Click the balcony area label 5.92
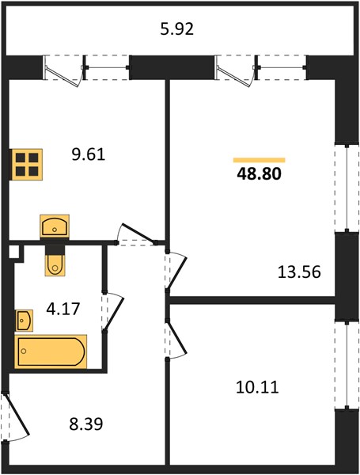tap(176, 30)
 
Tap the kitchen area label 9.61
tap(89, 154)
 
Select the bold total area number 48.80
tap(260, 174)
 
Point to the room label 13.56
tap(299, 272)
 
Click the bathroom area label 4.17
tap(63, 309)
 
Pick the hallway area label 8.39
tap(86, 424)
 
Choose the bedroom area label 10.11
tap(257, 387)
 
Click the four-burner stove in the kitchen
tap(27, 165)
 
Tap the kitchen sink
tap(55, 226)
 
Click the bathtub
tap(51, 351)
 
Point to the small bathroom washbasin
tap(24, 320)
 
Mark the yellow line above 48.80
tap(260, 160)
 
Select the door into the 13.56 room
tap(176, 270)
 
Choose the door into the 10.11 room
tap(176, 339)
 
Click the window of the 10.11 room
tap(347, 366)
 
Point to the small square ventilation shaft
tap(13, 252)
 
